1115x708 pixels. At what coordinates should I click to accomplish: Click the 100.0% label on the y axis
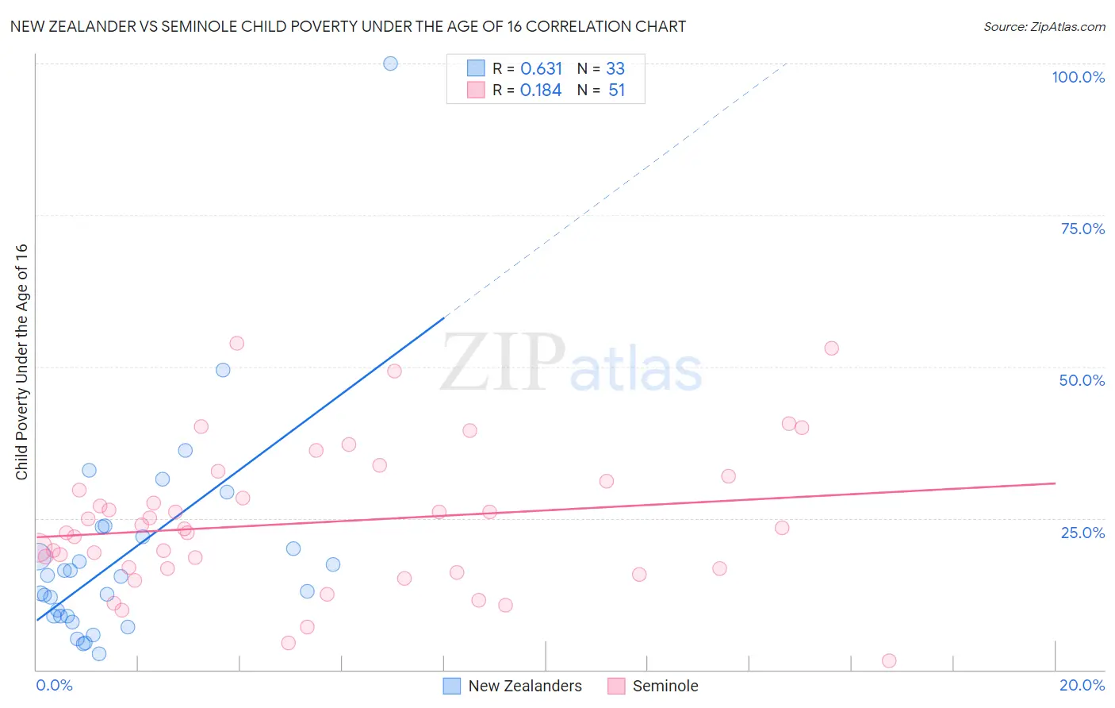coord(1078,77)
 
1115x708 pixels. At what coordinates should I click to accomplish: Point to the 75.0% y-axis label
coord(1082,229)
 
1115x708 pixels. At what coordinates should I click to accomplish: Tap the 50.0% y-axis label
coord(1082,380)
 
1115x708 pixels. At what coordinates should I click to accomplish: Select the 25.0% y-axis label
coord(1082,533)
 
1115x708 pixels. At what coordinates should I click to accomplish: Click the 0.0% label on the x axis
coord(54,685)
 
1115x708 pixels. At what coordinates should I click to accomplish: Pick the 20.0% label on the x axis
coord(1082,685)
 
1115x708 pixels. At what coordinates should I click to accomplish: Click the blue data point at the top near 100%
coord(390,63)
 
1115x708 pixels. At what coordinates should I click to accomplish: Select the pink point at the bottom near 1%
coord(889,661)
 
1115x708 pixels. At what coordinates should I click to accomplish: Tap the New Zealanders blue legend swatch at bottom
coord(451,686)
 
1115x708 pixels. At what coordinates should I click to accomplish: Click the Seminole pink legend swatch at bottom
coord(616,686)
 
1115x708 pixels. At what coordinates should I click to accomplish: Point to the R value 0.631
coord(541,69)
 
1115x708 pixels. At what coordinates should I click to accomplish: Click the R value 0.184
coord(541,90)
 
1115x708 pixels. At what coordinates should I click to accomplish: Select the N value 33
coord(615,69)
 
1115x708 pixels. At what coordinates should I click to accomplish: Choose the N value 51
coord(616,90)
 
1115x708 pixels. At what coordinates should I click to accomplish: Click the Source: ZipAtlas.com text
coord(1044,27)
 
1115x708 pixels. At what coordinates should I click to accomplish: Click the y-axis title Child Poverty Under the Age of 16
coord(21,361)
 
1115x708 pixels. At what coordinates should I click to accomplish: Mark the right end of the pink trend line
coord(1055,483)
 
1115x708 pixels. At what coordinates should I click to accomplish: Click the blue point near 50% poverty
coord(223,370)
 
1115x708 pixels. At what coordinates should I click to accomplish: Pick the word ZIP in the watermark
coord(503,363)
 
